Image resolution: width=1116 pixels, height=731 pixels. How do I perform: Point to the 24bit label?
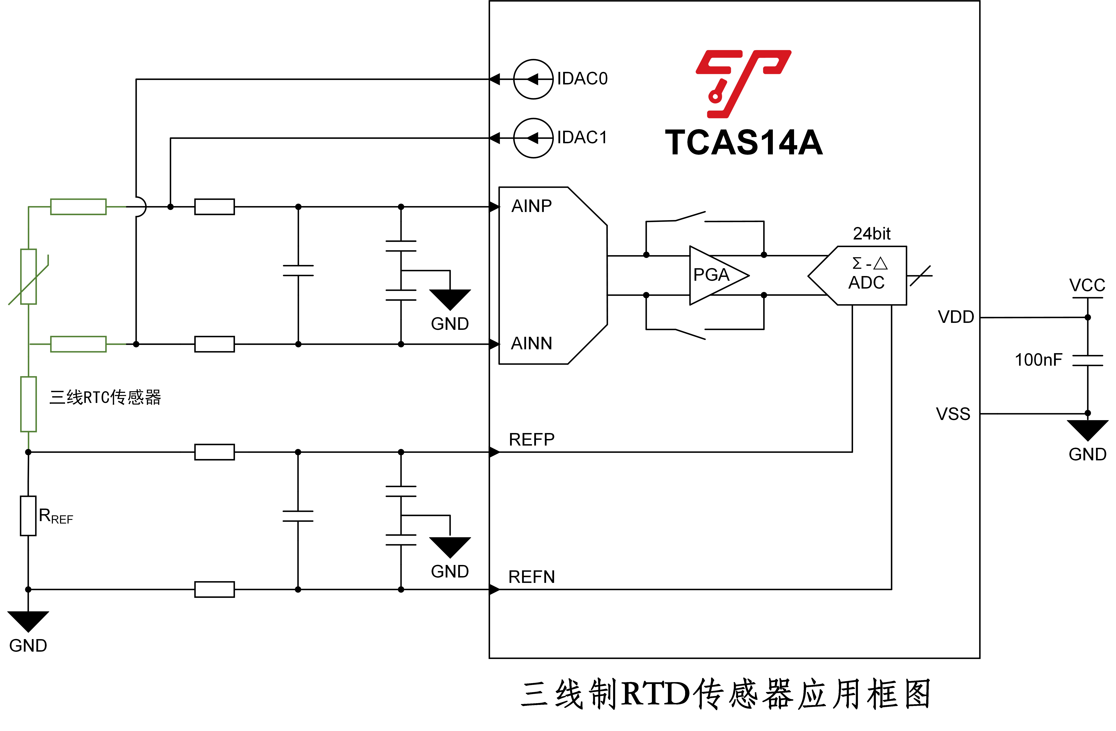pyautogui.click(x=871, y=234)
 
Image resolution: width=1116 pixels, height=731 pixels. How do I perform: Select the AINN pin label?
pyautogui.click(x=531, y=344)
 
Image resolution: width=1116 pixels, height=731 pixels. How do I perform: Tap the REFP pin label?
pyautogui.click(x=531, y=439)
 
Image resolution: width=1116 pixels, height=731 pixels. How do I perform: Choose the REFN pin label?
pyautogui.click(x=531, y=577)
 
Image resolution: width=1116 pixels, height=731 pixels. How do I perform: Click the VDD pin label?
pyautogui.click(x=956, y=317)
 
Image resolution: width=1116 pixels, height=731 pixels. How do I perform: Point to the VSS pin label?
pyautogui.click(x=953, y=414)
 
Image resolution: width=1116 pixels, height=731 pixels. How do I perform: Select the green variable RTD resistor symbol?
pyautogui.click(x=29, y=277)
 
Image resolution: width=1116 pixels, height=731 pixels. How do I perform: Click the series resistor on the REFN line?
pyautogui.click(x=214, y=589)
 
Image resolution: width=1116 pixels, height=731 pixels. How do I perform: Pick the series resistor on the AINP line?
pyautogui.click(x=214, y=207)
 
